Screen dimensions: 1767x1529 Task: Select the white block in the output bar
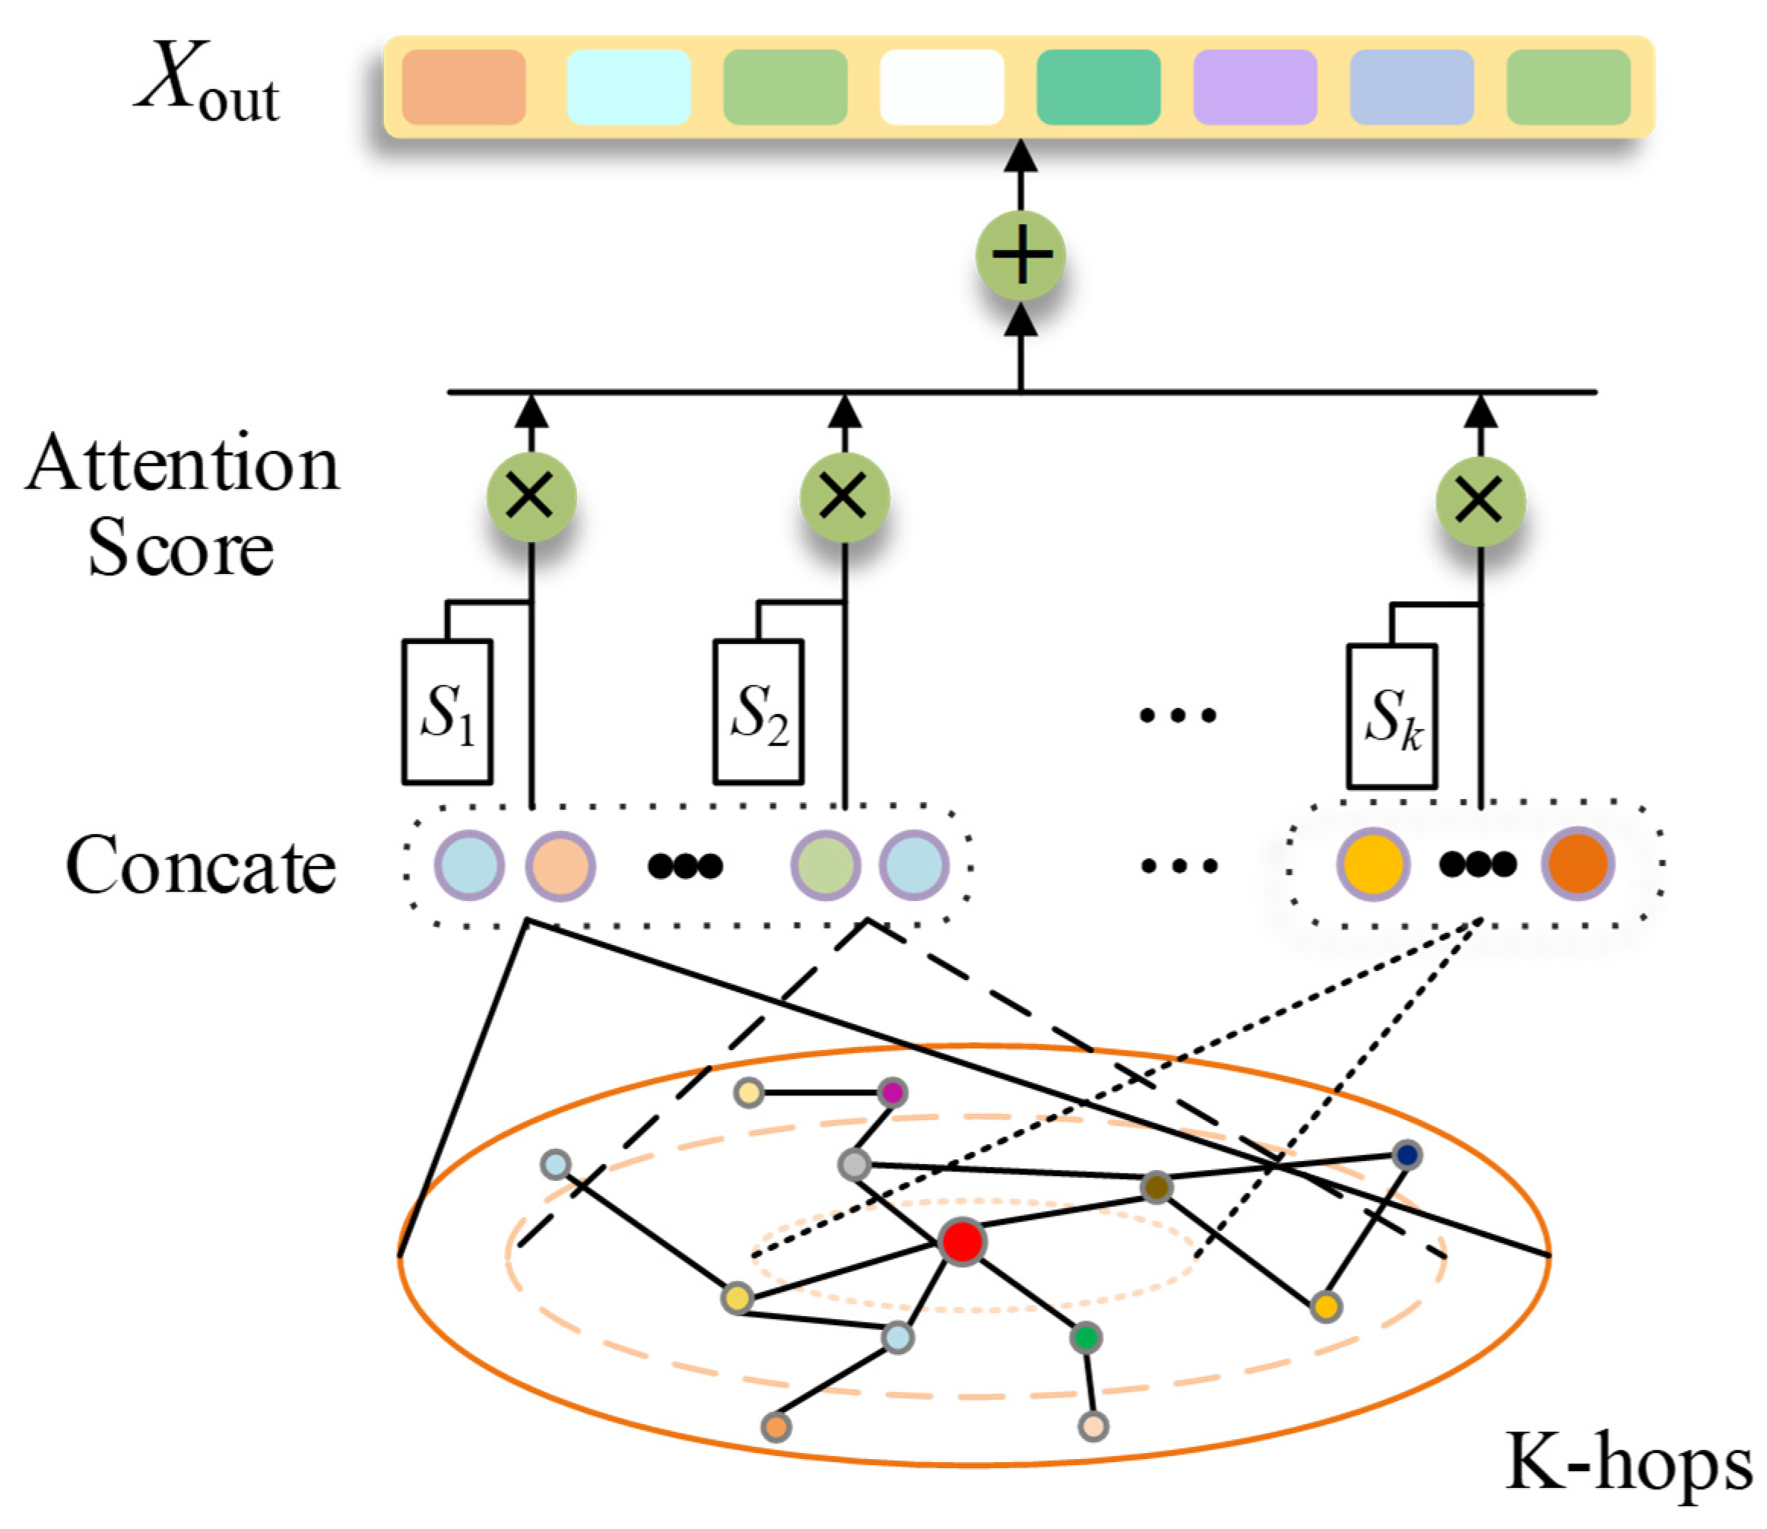(x=941, y=87)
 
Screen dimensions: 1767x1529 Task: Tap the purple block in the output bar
(x=1255, y=87)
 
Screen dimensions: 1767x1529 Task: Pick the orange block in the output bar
(x=463, y=87)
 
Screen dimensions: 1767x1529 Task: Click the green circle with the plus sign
(x=1020, y=255)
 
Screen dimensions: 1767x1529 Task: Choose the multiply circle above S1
(x=531, y=496)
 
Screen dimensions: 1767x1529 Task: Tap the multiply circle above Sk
(x=1480, y=501)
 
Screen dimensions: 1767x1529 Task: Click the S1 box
(x=447, y=712)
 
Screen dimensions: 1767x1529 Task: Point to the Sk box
(x=1392, y=716)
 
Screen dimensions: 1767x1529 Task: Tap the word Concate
(x=201, y=864)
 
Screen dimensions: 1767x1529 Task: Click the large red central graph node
(x=963, y=1242)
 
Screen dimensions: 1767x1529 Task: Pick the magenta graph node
(x=893, y=1092)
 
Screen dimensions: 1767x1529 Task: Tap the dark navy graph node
(x=1407, y=1155)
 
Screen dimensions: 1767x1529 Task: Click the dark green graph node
(x=1085, y=1338)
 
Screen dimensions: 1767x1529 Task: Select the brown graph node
(x=1156, y=1187)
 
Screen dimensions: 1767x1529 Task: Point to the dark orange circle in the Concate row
(x=1578, y=864)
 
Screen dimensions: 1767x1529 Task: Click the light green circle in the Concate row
(x=825, y=865)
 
